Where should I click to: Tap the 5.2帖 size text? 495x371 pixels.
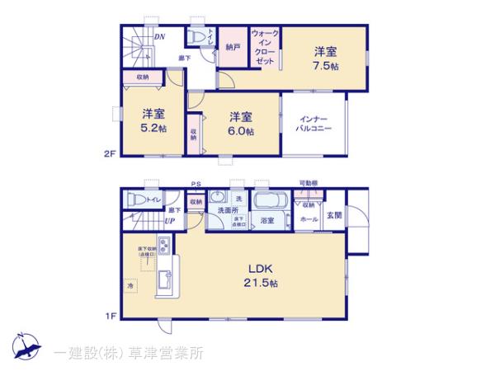(151, 129)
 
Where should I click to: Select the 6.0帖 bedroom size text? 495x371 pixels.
(241, 131)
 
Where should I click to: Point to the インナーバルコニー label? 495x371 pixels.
(314, 125)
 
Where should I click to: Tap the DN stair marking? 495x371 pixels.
(158, 37)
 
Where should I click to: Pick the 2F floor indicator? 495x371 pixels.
(110, 153)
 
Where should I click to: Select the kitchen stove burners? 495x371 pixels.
(163, 246)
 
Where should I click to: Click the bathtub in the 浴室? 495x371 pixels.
(267, 202)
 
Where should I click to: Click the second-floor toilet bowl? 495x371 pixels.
(197, 37)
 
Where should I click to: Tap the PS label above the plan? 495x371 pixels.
(196, 185)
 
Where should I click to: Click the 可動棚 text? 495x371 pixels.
(309, 184)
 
